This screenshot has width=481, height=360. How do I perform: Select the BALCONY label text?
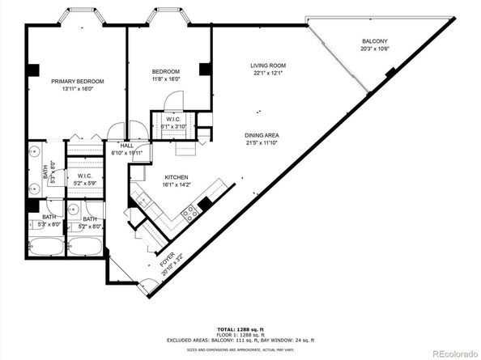374,41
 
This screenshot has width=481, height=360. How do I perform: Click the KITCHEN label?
177,177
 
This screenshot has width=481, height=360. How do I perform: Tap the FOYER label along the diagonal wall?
164,259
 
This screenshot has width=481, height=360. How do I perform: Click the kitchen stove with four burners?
192,214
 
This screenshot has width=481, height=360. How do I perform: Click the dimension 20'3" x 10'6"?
374,49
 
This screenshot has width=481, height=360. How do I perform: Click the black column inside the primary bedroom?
32,70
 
